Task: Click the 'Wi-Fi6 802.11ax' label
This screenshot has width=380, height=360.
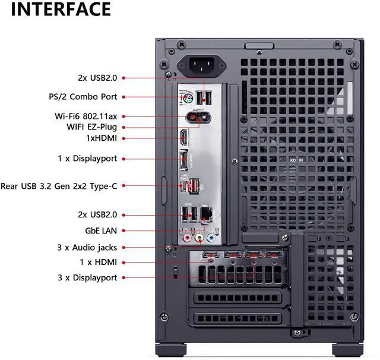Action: (87, 116)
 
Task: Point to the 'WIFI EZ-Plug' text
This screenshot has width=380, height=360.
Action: (91, 127)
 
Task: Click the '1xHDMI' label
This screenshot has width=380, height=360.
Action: (102, 138)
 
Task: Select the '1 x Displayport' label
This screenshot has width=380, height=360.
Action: (87, 159)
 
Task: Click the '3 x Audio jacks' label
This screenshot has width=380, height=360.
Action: (87, 247)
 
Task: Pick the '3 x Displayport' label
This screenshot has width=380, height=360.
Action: (87, 277)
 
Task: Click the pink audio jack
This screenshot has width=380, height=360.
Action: (186, 239)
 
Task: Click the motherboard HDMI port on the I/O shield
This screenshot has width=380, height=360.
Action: (185, 138)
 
